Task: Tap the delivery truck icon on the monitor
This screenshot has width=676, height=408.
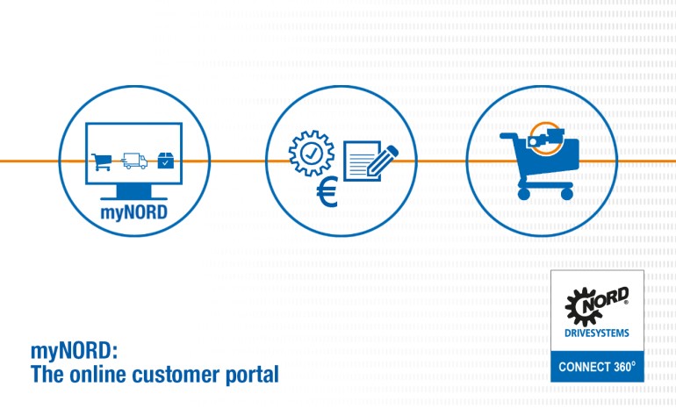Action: coord(133,161)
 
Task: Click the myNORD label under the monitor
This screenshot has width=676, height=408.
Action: coord(134,211)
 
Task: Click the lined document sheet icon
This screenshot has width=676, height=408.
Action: coord(361,162)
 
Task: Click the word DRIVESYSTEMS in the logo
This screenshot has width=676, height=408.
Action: coord(596,333)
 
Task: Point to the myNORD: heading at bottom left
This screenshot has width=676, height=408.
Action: coord(74,352)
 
